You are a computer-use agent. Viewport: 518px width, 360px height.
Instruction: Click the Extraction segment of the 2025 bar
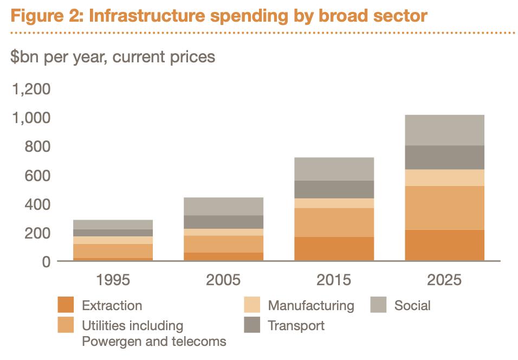coord(444,245)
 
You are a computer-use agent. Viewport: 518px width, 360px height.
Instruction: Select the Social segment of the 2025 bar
coord(444,130)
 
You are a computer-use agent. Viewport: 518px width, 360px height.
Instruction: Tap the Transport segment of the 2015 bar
coord(334,189)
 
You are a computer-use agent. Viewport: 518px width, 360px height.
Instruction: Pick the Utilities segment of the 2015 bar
coord(334,222)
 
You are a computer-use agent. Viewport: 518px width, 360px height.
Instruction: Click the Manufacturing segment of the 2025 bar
coord(444,178)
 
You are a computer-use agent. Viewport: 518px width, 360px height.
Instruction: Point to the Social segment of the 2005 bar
coord(224,206)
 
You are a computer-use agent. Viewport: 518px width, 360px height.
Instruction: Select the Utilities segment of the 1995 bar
coord(113,251)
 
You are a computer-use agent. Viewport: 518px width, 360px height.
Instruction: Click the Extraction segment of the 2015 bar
coord(334,249)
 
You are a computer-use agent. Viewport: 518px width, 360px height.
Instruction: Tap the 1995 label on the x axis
coord(113,280)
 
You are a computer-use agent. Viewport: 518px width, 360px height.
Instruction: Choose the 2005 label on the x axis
coord(224,280)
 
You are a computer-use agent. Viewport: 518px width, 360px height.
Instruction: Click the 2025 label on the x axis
coord(444,280)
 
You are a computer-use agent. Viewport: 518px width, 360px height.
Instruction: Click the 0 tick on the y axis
coord(46,262)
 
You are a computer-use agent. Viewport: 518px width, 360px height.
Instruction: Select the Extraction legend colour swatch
coord(66,305)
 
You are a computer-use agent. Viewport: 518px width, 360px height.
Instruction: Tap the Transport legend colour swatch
coord(252,325)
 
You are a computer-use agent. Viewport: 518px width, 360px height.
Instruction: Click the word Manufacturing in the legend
coord(310,305)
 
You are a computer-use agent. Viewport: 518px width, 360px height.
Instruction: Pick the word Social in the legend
coord(412,305)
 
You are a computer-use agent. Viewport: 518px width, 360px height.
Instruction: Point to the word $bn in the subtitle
coord(25,56)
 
